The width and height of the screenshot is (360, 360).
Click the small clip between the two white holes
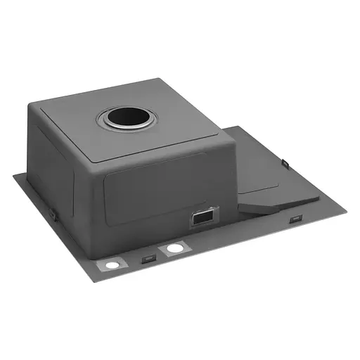(148, 259)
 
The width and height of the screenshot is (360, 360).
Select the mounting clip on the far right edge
(286, 163)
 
